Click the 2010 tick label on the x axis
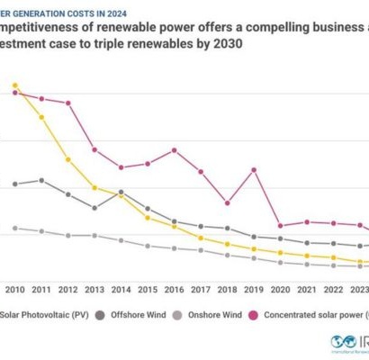tap(15, 290)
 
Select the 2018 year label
tap(227, 290)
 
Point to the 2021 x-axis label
tap(307, 290)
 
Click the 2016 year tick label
tap(174, 290)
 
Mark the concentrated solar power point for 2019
tap(254, 169)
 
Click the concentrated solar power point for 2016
tap(174, 149)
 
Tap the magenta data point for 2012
tap(68, 103)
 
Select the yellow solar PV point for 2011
tap(41, 118)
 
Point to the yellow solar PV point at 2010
tap(15, 86)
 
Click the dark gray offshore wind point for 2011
tap(41, 180)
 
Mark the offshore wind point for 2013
tap(94, 208)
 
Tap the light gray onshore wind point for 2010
tap(15, 229)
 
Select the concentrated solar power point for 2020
tap(281, 226)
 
